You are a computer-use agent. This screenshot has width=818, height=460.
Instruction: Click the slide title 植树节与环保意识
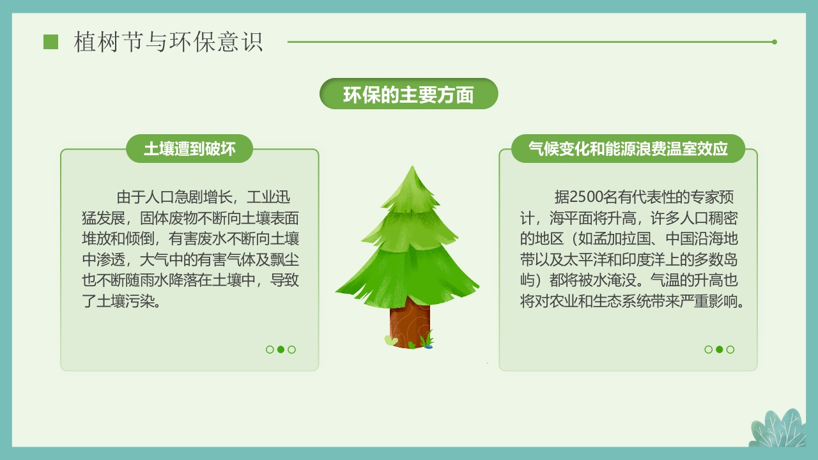(x=168, y=42)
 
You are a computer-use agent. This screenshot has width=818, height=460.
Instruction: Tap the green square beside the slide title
(x=50, y=42)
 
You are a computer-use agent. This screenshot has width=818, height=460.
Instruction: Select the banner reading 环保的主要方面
(x=408, y=95)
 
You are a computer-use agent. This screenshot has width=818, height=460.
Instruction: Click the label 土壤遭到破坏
(x=190, y=149)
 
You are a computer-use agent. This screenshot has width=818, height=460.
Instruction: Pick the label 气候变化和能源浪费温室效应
(x=628, y=149)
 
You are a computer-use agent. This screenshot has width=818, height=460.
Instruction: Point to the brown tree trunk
(x=410, y=323)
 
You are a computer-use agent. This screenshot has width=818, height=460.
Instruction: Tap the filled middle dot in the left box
(x=281, y=349)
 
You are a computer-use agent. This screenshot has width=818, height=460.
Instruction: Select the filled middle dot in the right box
(x=720, y=349)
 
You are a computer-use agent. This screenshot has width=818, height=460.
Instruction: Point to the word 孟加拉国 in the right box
(x=617, y=240)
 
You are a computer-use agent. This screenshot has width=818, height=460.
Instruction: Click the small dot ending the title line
(x=775, y=42)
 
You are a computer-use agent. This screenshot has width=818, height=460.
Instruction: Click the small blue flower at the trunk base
(x=428, y=346)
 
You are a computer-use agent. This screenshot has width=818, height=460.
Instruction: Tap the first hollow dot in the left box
(x=270, y=349)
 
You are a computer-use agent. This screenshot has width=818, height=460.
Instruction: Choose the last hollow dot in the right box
(x=730, y=349)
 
